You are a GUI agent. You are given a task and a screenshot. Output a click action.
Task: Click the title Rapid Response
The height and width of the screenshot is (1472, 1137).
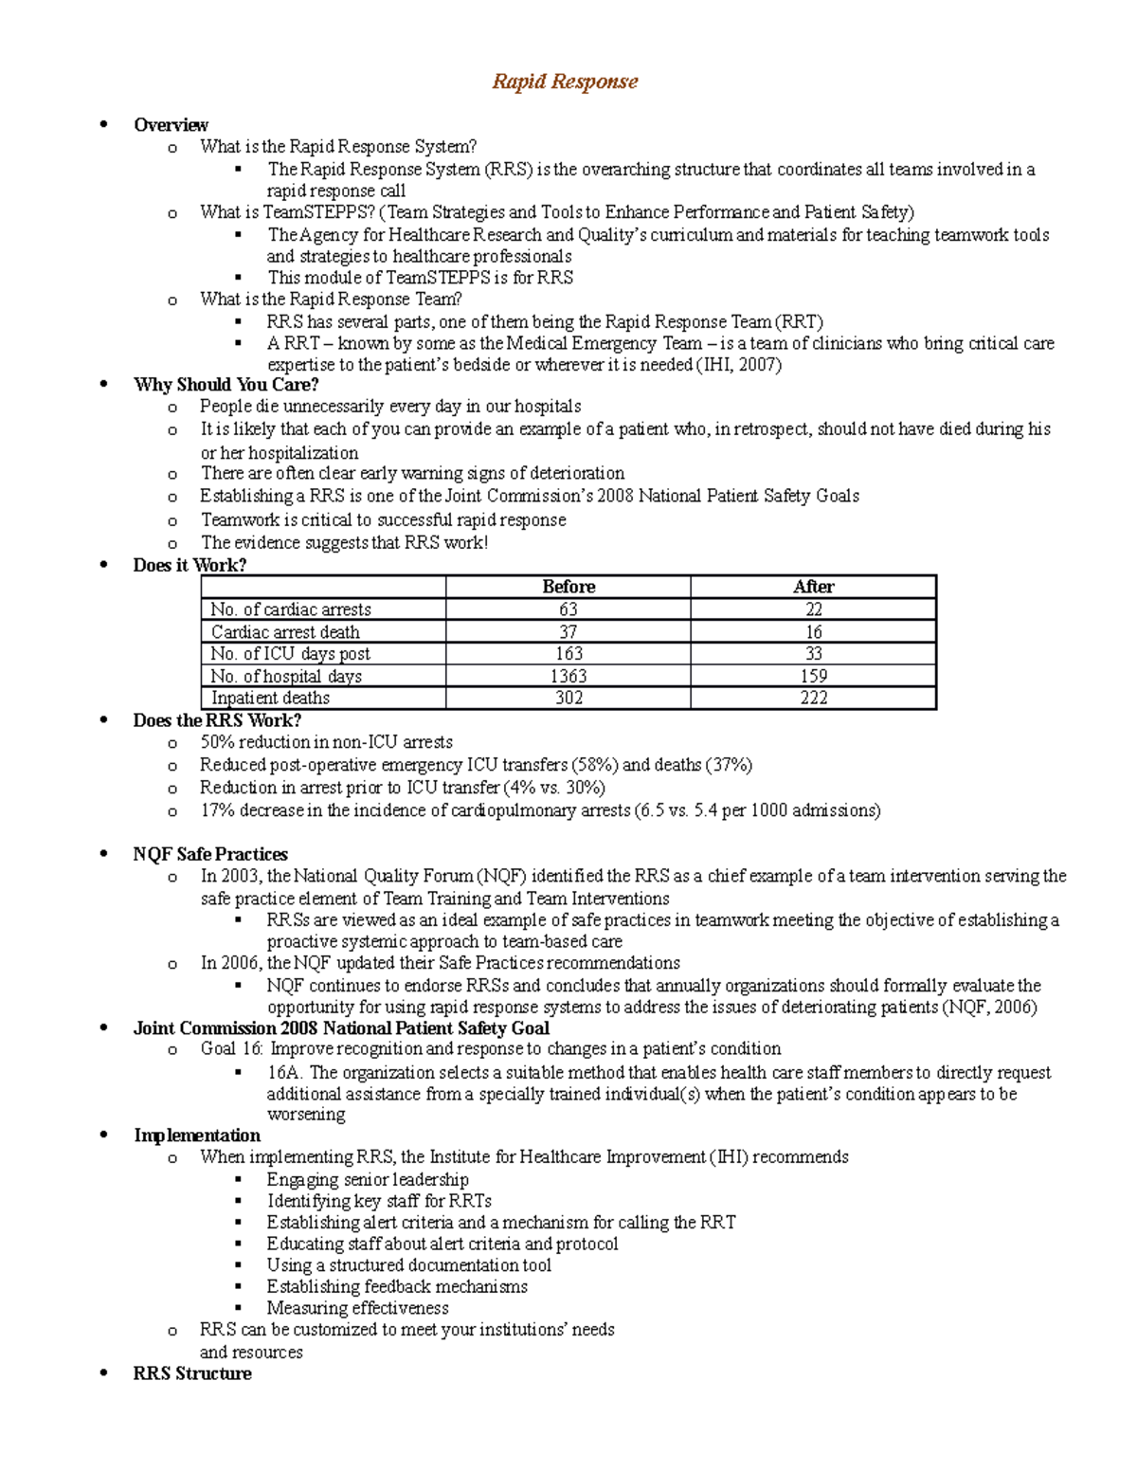pos(565,82)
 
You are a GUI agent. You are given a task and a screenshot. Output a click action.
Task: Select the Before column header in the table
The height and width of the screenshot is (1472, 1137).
pos(568,587)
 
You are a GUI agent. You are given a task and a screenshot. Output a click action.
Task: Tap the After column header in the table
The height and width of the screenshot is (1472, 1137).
pos(813,587)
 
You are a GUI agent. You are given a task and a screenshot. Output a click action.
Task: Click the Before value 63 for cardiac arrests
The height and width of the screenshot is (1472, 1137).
pos(568,609)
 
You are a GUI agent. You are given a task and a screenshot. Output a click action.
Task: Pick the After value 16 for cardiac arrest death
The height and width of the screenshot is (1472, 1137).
pos(813,632)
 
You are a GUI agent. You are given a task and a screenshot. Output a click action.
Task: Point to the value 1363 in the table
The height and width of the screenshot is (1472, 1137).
pos(568,676)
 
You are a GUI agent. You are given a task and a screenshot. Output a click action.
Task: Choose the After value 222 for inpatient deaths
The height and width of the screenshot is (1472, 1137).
pos(813,698)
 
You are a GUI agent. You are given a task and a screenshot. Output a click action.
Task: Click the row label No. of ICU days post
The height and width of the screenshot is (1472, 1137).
pos(290,654)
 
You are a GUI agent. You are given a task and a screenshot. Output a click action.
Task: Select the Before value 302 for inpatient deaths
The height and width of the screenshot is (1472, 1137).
pos(568,698)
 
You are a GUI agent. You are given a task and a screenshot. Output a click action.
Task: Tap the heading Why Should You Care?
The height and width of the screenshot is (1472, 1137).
pos(226,385)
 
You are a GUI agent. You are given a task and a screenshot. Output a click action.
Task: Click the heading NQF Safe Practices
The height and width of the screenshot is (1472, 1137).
pos(210,854)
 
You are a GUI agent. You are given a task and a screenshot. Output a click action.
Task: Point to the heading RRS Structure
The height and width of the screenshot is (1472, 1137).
pos(192,1373)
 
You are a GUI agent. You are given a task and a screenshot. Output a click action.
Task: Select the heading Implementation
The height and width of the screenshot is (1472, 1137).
pos(197,1136)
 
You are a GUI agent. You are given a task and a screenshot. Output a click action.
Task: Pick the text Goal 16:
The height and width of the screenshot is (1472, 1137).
pos(232,1049)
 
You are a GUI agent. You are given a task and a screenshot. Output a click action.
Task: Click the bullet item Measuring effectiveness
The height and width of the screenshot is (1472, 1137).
pos(357,1308)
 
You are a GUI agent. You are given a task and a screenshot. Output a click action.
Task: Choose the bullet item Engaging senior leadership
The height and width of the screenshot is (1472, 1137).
pos(368,1179)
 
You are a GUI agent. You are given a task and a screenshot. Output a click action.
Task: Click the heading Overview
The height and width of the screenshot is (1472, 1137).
pos(171,125)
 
